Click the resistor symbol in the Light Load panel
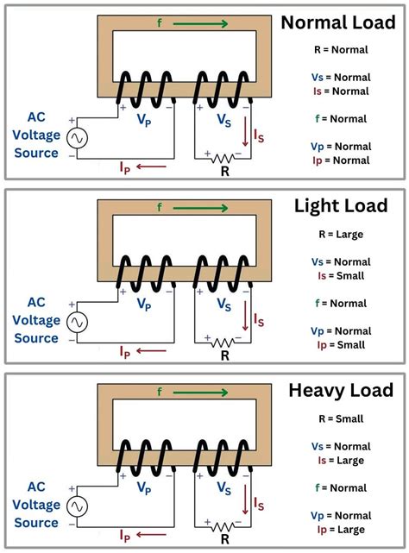point(224,341)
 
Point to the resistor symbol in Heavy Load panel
point(224,525)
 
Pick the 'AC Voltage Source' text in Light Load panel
point(35,321)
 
